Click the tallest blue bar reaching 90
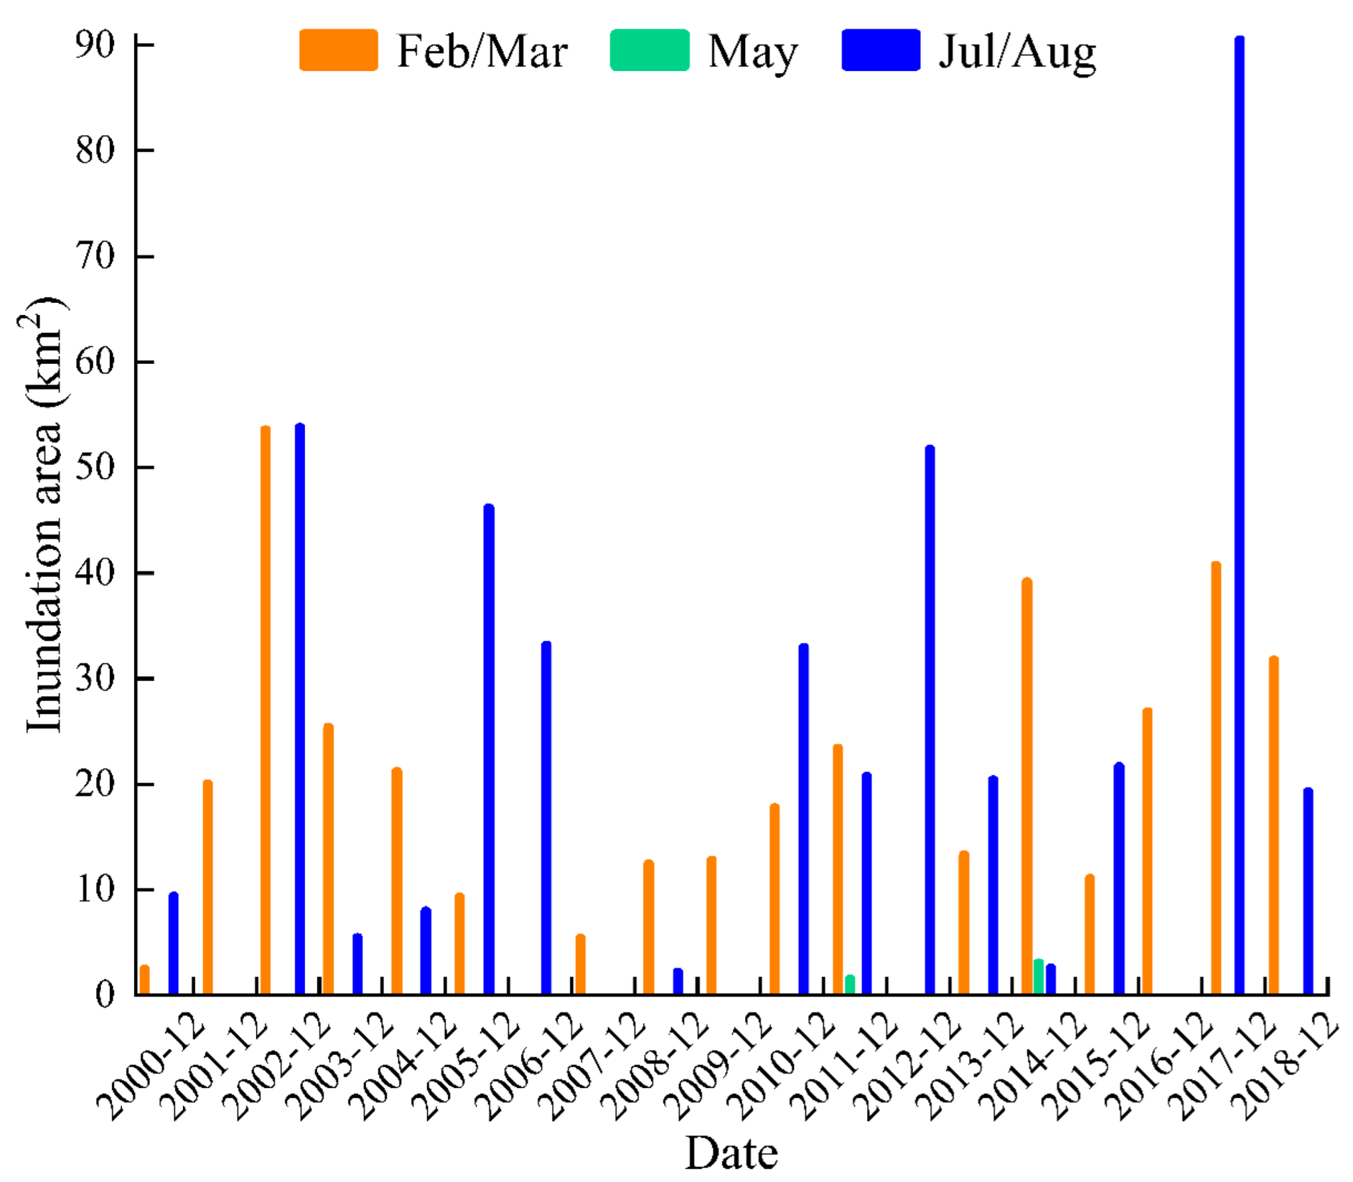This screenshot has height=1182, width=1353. pyautogui.click(x=1239, y=514)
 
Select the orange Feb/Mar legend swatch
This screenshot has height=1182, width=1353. pyautogui.click(x=339, y=50)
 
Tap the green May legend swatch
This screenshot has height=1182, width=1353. pyautogui.click(x=649, y=50)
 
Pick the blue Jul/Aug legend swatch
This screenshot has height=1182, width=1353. pyautogui.click(x=880, y=50)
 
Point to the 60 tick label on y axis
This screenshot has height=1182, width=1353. pyautogui.click(x=96, y=361)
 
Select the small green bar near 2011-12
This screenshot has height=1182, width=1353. pyautogui.click(x=850, y=984)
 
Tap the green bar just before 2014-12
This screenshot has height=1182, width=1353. pyautogui.click(x=1039, y=977)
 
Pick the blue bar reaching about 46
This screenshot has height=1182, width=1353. pyautogui.click(x=489, y=749)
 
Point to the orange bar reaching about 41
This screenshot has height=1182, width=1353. pyautogui.click(x=1216, y=778)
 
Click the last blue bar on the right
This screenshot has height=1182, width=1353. pyautogui.click(x=1308, y=891)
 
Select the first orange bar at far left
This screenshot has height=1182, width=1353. pyautogui.click(x=144, y=980)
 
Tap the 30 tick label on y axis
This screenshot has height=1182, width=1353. pyautogui.click(x=96, y=678)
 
